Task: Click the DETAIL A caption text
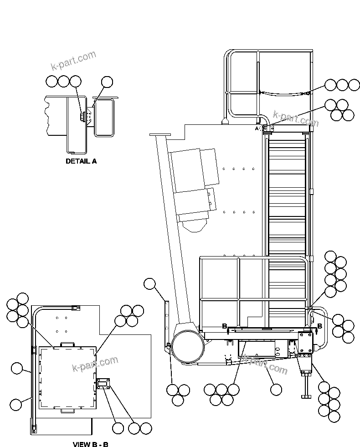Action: point(81,161)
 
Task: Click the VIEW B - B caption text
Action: point(90,444)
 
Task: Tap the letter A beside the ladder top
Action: point(257,129)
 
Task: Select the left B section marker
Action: point(224,326)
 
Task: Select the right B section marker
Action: point(319,326)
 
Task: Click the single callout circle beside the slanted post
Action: point(149,284)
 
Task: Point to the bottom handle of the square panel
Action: point(67,411)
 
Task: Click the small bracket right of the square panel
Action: point(103,384)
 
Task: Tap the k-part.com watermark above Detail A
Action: point(73,61)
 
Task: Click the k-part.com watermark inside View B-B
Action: point(95,364)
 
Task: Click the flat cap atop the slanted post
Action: point(160,135)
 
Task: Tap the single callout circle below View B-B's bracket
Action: point(118,428)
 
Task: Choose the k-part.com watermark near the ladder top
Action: point(295,119)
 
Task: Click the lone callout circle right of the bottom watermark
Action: point(276,389)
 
